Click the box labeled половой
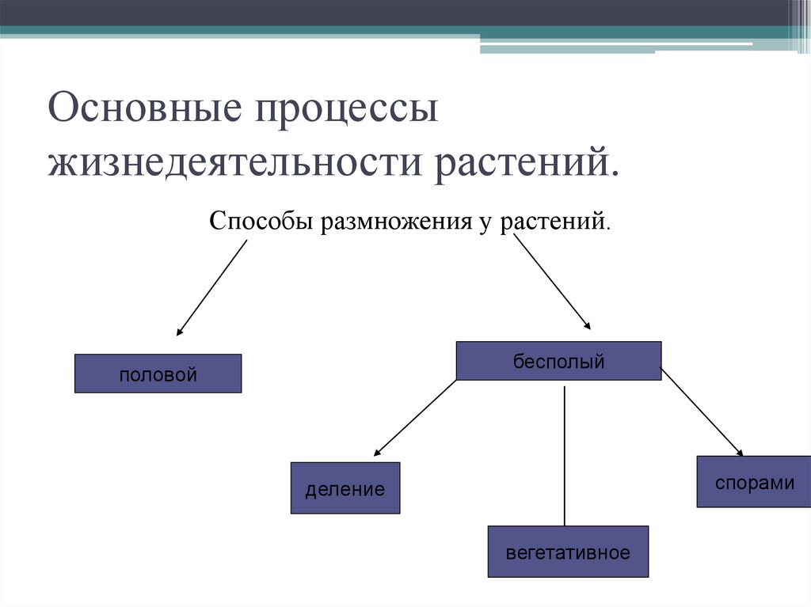[158, 374]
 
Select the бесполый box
[558, 361]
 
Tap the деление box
[345, 488]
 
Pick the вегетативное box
[568, 552]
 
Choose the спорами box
[754, 482]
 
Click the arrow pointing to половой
[211, 287]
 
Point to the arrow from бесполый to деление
[415, 418]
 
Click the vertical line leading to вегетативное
[565, 456]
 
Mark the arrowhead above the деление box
[378, 452]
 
